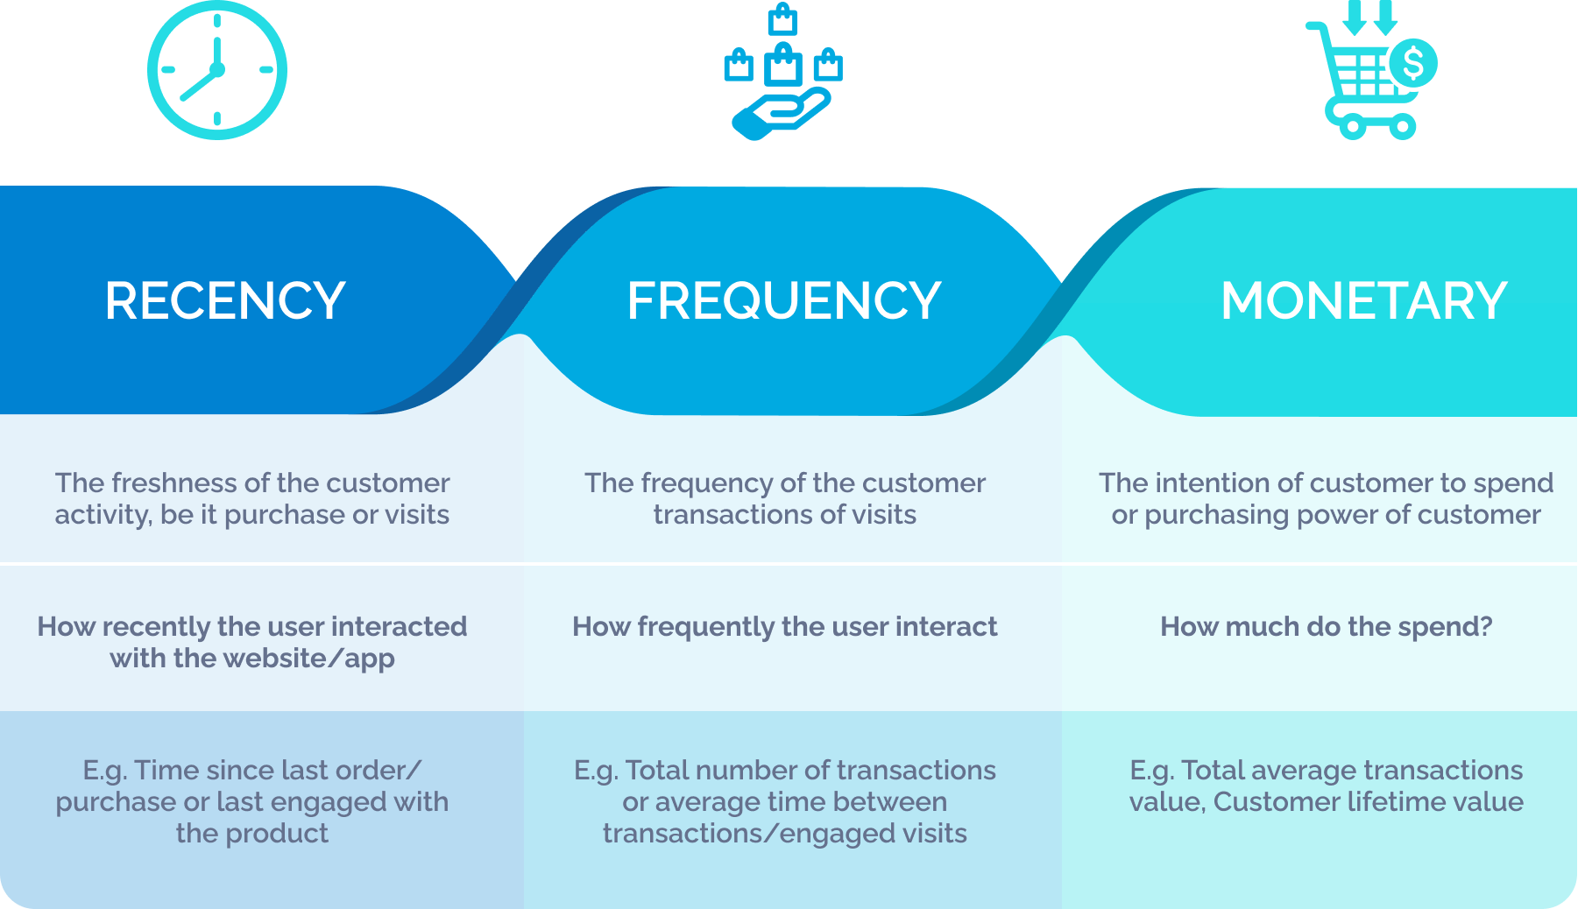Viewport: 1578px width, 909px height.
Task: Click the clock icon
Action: pyautogui.click(x=216, y=70)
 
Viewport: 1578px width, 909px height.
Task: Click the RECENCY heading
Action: pyautogui.click(x=225, y=301)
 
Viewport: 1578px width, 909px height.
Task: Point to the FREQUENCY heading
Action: pyautogui.click(x=783, y=301)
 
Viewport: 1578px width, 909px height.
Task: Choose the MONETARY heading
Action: pyautogui.click(x=1363, y=301)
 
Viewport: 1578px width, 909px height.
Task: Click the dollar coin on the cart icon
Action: pyautogui.click(x=1412, y=63)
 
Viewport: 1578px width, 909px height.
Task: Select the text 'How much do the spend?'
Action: pyautogui.click(x=1326, y=627)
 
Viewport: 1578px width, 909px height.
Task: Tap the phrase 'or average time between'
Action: pyautogui.click(x=784, y=802)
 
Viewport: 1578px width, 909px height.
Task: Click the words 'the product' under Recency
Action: pyautogui.click(x=252, y=834)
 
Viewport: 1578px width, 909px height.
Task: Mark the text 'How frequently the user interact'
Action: pyautogui.click(x=784, y=627)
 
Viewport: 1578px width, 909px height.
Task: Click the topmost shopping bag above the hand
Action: pyautogui.click(x=782, y=19)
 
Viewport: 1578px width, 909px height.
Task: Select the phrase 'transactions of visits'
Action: pyautogui.click(x=784, y=515)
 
